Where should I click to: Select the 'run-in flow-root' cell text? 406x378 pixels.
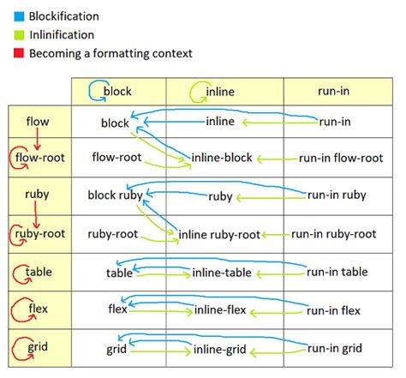(341, 158)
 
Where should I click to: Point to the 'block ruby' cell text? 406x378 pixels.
(115, 195)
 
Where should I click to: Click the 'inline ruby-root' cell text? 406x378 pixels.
(219, 233)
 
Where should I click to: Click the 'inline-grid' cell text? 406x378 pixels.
(219, 349)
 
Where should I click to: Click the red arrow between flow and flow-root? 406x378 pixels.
(39, 137)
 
